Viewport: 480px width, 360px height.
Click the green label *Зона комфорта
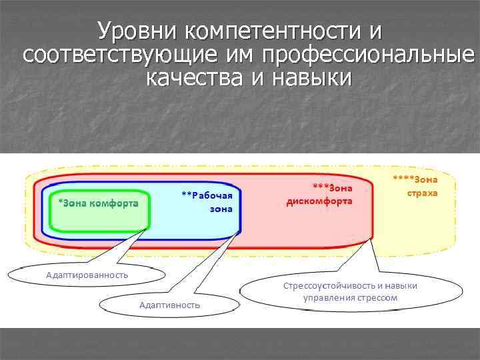tap(99, 203)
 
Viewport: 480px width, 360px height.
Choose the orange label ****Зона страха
tap(418, 185)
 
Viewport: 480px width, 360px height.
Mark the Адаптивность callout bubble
tap(169, 305)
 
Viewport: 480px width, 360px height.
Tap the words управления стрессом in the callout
tap(350, 297)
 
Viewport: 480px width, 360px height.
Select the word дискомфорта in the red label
tap(319, 201)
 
